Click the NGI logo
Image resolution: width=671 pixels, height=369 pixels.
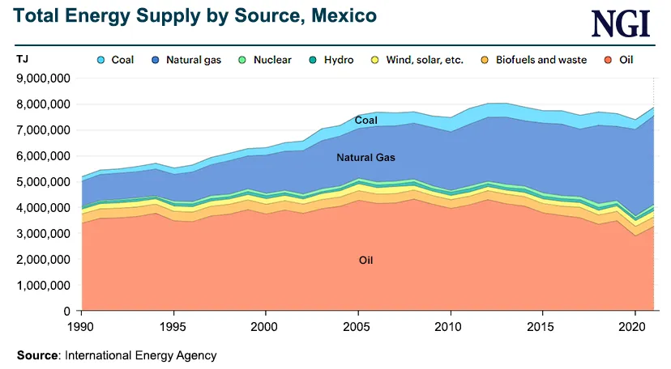tap(620, 23)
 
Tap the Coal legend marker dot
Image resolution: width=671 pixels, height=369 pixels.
tap(101, 60)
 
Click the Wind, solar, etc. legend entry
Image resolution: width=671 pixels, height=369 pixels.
tap(416, 60)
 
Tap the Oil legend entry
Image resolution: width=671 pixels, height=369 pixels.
tap(618, 60)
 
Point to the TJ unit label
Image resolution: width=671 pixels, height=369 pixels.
tap(22, 59)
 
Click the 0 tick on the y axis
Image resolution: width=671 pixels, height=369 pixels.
tap(68, 312)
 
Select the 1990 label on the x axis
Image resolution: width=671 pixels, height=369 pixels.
tap(81, 326)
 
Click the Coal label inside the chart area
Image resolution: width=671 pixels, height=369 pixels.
tap(366, 121)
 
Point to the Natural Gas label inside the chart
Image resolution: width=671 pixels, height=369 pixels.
tap(365, 158)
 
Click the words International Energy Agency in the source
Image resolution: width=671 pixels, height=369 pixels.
tap(140, 354)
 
